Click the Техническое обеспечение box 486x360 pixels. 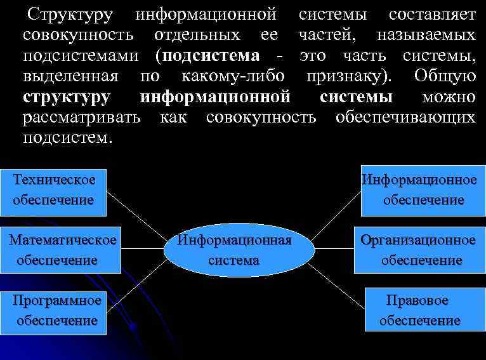coord(53,190)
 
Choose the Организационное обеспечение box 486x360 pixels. coord(417,250)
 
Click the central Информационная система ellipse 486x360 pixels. coord(239,250)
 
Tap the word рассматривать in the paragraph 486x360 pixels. coord(83,117)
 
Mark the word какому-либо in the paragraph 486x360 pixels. coord(232,76)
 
